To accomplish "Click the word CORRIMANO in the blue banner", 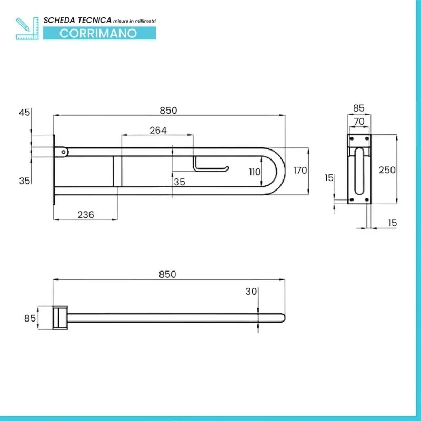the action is pyautogui.click(x=98, y=33).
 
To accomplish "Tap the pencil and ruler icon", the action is pyautogui.click(x=27, y=28).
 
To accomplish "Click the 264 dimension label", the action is pyautogui.click(x=158, y=130).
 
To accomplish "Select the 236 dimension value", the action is pyautogui.click(x=86, y=215).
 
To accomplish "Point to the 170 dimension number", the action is pyautogui.click(x=300, y=171).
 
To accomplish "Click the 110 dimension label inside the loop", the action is pyautogui.click(x=255, y=172).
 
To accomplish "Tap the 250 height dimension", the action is pyautogui.click(x=387, y=169).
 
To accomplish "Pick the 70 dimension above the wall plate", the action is pyautogui.click(x=359, y=122).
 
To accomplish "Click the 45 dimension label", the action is pyautogui.click(x=24, y=113).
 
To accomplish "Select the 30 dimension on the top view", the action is pyautogui.click(x=252, y=292).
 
